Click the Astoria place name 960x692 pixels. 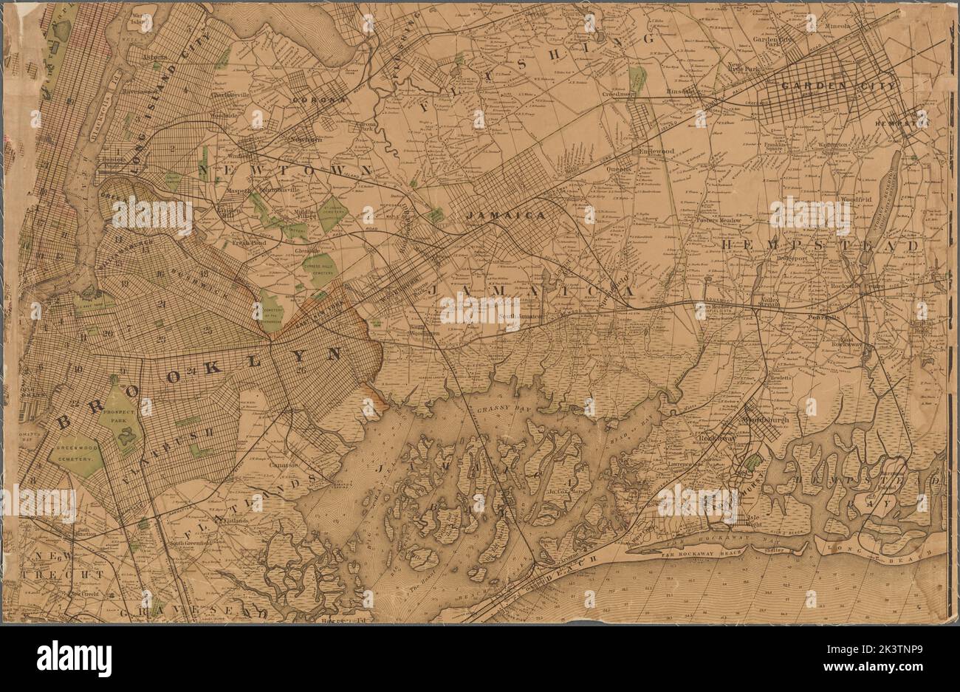155,56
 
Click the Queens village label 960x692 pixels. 620,168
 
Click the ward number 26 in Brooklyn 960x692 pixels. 299,370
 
